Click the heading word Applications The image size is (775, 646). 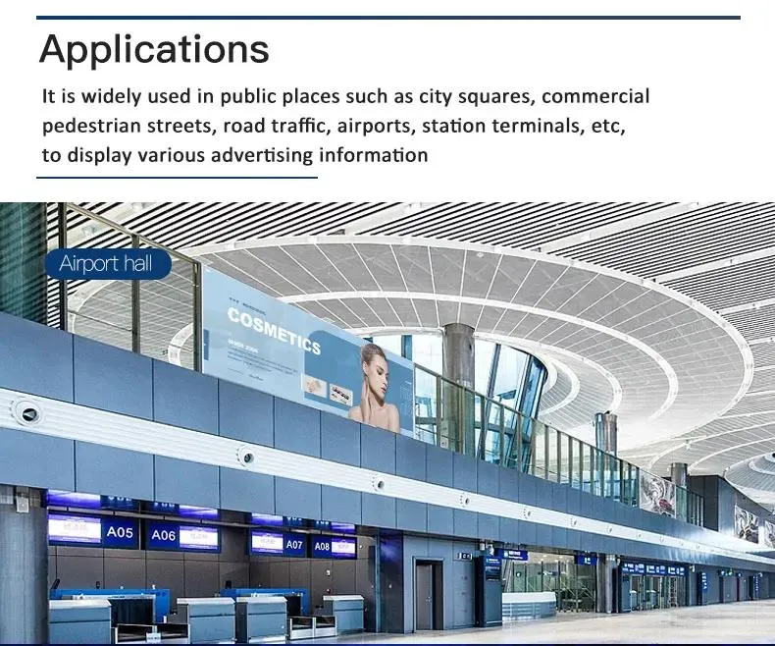pyautogui.click(x=154, y=48)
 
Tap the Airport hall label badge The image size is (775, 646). pyautogui.click(x=107, y=263)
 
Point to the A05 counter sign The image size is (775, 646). pyautogui.click(x=121, y=532)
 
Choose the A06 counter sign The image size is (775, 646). pyautogui.click(x=163, y=536)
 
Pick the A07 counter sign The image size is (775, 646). pyautogui.click(x=294, y=544)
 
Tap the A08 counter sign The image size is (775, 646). pyautogui.click(x=322, y=546)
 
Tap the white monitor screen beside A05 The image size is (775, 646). pyautogui.click(x=75, y=529)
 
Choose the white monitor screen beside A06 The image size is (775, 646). pyautogui.click(x=198, y=537)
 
